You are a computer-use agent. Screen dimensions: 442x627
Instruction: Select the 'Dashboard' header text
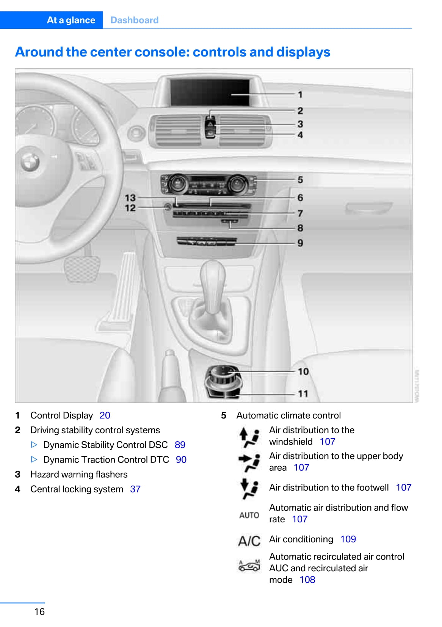[x=134, y=20]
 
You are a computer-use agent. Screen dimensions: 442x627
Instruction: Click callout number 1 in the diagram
[x=300, y=95]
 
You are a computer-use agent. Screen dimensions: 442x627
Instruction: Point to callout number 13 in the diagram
[x=130, y=198]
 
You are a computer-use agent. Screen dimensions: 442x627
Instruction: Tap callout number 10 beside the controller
[x=303, y=372]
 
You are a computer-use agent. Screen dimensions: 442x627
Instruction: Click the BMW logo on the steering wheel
[x=30, y=162]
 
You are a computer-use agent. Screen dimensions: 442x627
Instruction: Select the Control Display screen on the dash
[x=210, y=92]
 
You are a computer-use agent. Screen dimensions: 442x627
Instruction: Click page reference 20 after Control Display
[x=105, y=415]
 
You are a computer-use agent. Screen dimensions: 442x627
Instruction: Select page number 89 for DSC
[x=180, y=445]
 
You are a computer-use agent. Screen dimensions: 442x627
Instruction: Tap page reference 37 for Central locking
[x=135, y=489]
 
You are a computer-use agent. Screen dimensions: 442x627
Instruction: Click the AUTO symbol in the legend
[x=249, y=515]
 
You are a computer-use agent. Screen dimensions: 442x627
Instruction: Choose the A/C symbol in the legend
[x=249, y=541]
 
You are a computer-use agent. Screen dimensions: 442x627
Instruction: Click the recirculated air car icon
[x=249, y=566]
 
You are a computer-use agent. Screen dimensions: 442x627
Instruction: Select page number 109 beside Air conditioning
[x=348, y=539]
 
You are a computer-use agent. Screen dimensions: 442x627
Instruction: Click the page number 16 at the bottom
[x=39, y=611]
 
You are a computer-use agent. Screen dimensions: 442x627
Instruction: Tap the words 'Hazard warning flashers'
[x=79, y=475]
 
